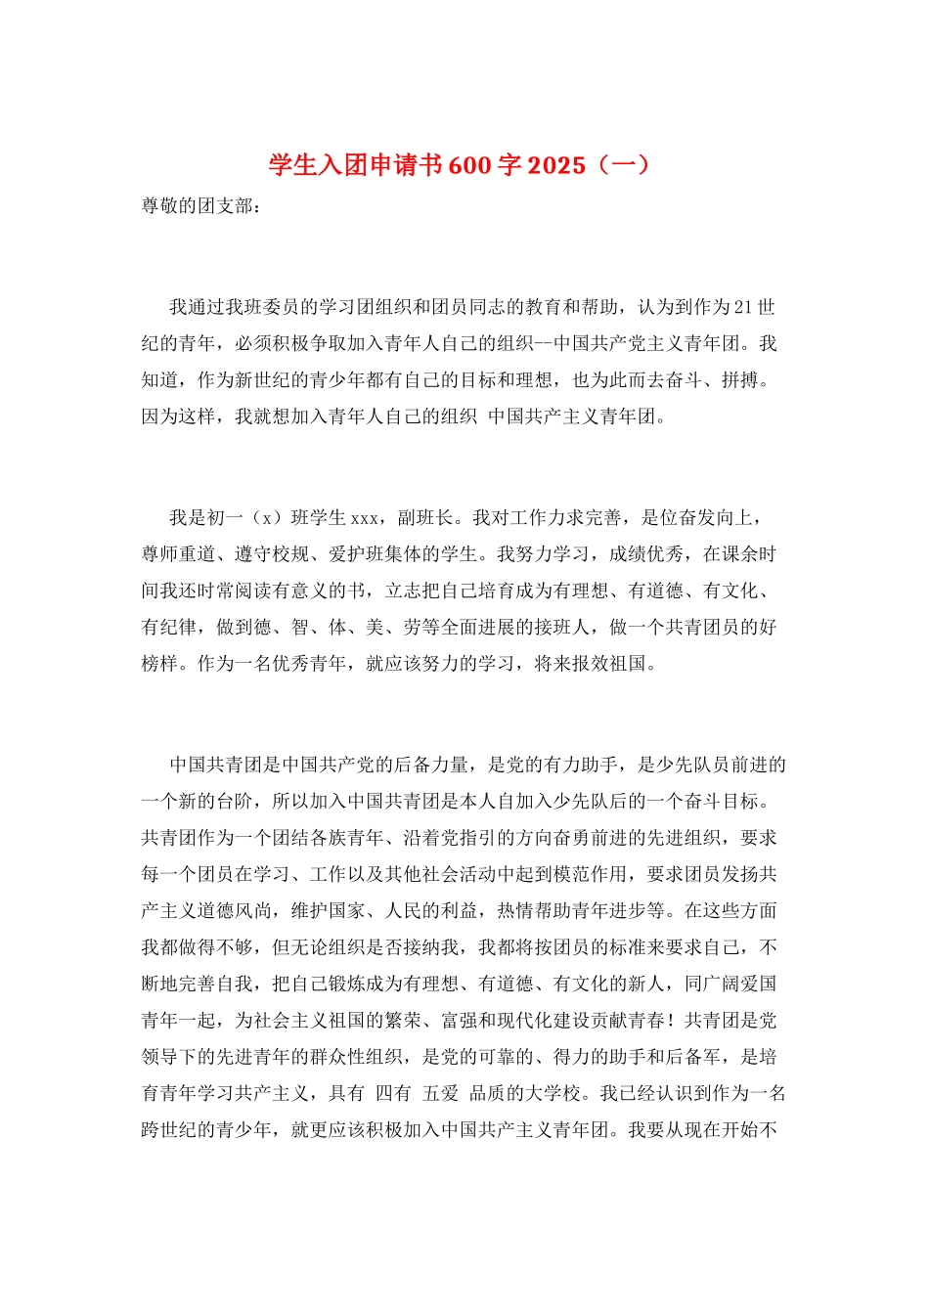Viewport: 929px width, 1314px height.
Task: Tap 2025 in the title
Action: (555, 165)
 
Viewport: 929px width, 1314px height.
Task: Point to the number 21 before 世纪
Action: (742, 307)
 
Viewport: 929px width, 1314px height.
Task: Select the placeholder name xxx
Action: (364, 518)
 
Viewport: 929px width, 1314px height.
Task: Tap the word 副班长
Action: (426, 518)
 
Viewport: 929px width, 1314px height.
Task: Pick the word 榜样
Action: (159, 664)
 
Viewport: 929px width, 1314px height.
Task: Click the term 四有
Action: (393, 1094)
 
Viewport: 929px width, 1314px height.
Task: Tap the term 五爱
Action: (440, 1094)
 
